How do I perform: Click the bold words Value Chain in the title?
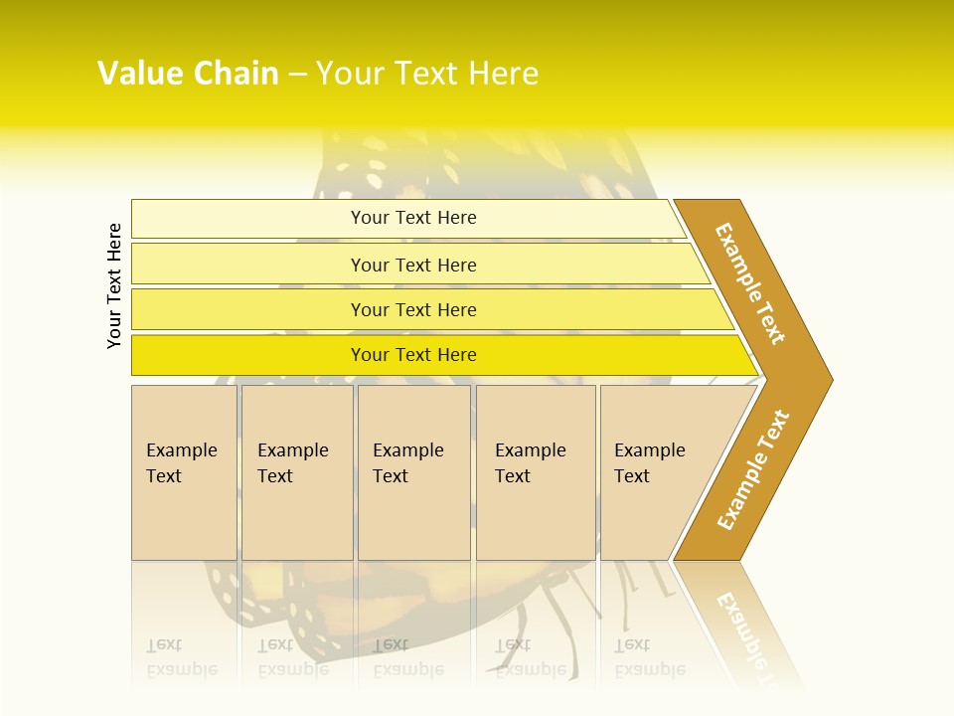tap(188, 74)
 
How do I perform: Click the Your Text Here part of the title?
tap(427, 74)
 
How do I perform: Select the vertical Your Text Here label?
tap(114, 285)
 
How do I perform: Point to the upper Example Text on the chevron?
tap(750, 283)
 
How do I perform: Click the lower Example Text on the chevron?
tap(752, 470)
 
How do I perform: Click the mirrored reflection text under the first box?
tap(182, 657)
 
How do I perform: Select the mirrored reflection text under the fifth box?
tap(650, 657)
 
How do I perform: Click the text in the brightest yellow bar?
tap(413, 355)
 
